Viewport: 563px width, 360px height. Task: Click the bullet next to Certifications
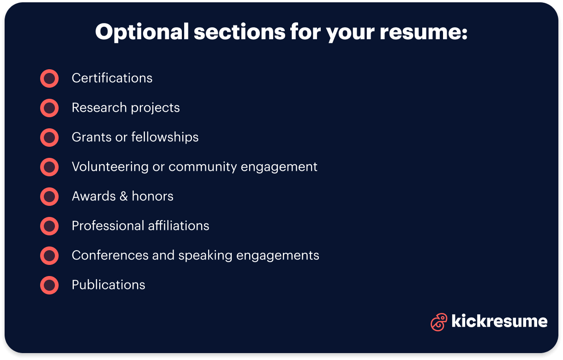(x=49, y=78)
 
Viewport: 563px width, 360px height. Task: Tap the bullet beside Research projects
(x=49, y=108)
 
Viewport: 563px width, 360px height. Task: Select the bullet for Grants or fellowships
(x=49, y=138)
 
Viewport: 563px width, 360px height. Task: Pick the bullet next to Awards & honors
(x=49, y=197)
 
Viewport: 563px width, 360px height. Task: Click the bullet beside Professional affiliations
(x=49, y=226)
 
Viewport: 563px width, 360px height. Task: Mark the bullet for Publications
(x=49, y=285)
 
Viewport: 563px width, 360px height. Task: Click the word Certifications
(x=112, y=78)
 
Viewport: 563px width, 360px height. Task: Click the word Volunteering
(x=110, y=167)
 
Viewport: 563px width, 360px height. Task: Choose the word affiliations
(x=179, y=226)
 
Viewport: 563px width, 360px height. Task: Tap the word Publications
(x=108, y=285)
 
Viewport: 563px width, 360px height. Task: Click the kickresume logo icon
(x=438, y=322)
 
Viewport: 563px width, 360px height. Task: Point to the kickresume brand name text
(x=499, y=321)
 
